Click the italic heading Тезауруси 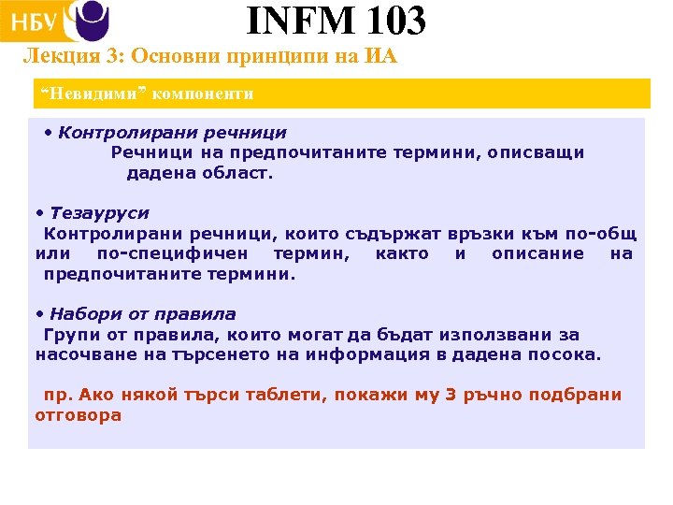tap(99, 213)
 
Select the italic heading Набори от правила tap(142, 314)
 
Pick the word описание tap(537, 254)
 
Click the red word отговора tap(79, 415)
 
